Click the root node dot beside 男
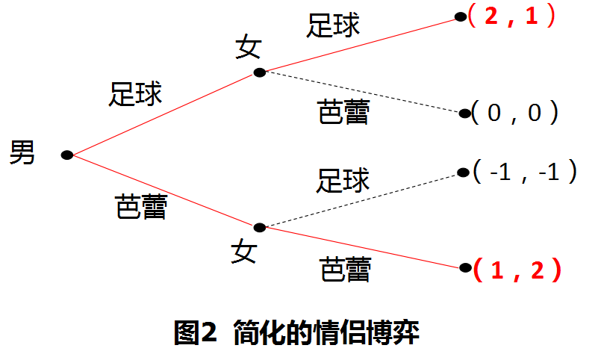tap(66, 155)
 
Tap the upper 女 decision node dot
tap(259, 72)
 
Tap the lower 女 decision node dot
tap(259, 226)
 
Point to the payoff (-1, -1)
tap(526, 173)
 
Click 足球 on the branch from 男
tap(135, 95)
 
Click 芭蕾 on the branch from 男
tap(141, 206)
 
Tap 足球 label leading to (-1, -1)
tap(344, 180)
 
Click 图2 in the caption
tap(195, 332)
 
